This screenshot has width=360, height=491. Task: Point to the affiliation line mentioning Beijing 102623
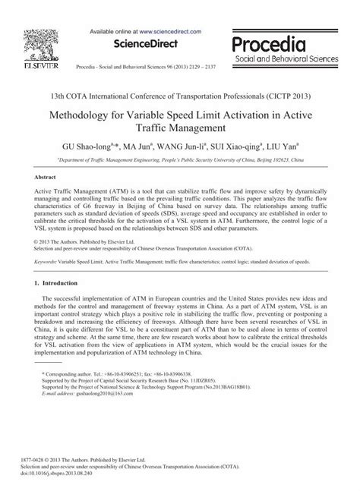tap(180, 160)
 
